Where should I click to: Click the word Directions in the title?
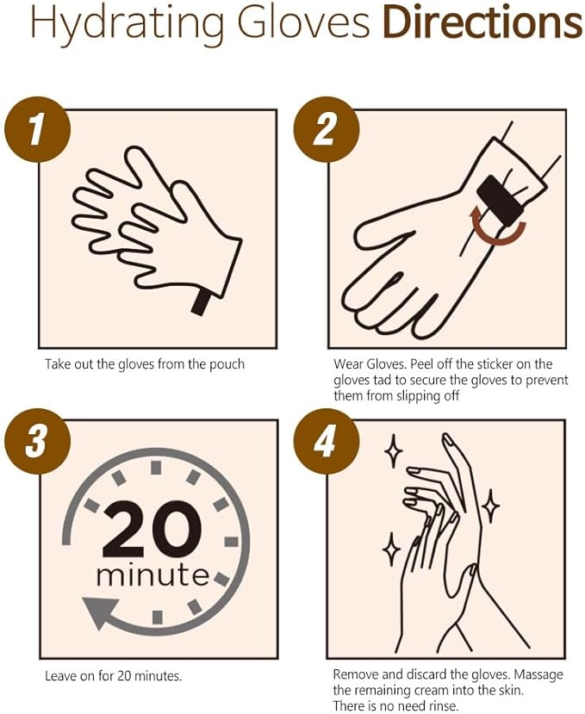pyautogui.click(x=482, y=23)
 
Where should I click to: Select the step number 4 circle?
pyautogui.click(x=324, y=442)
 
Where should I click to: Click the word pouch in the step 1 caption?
pyautogui.click(x=227, y=364)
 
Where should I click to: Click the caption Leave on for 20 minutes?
pyautogui.click(x=113, y=676)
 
